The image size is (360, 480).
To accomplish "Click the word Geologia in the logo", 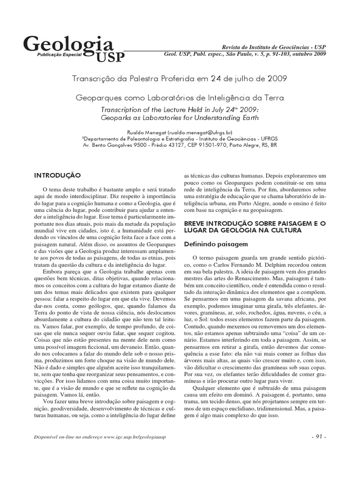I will pyautogui.click(x=68, y=45).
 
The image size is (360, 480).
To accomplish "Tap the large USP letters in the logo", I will pyautogui.click(x=111, y=57).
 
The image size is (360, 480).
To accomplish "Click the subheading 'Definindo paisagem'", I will pyautogui.click(x=212, y=244).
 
